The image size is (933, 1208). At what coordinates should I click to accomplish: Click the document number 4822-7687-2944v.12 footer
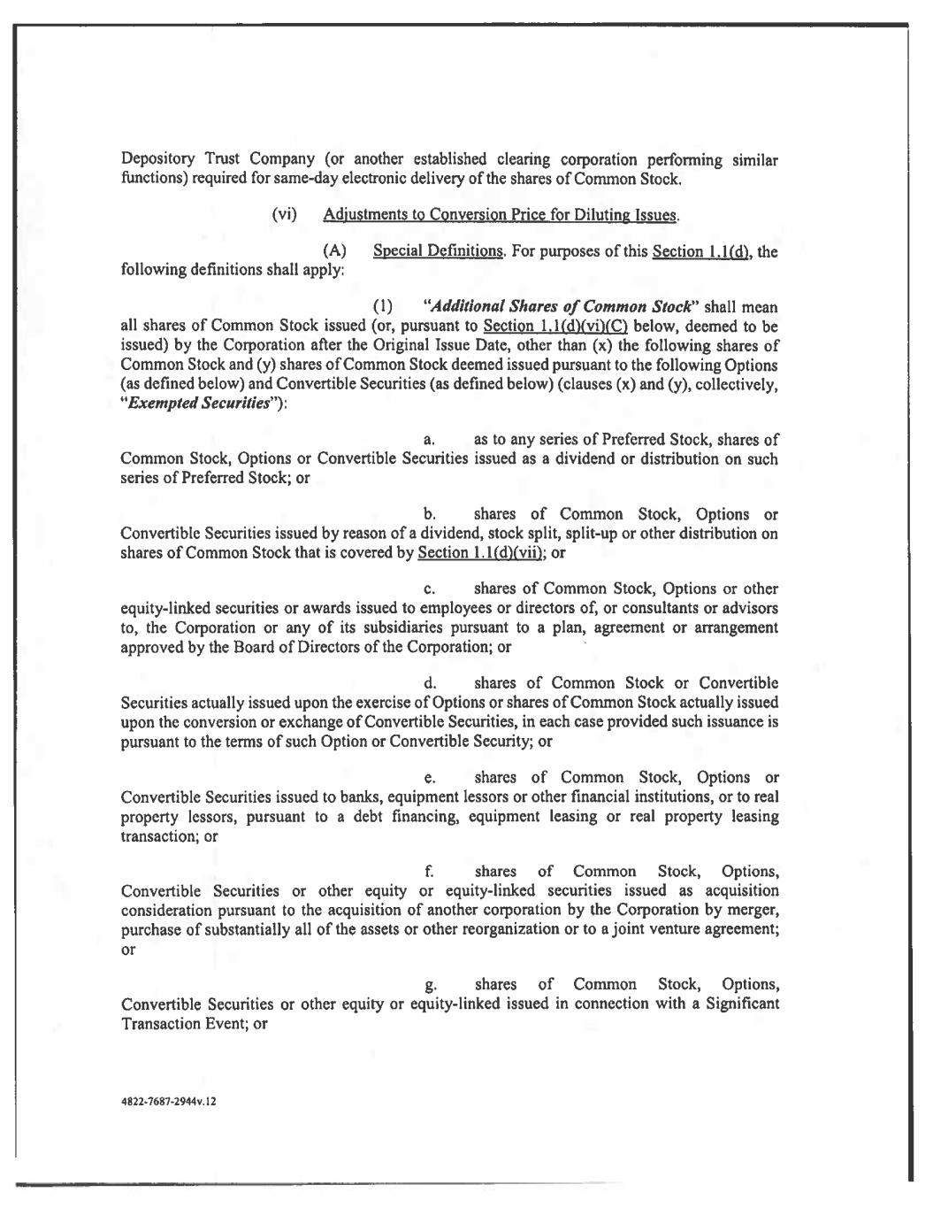[x=168, y=1103]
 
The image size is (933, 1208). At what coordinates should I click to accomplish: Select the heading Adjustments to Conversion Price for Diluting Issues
[x=501, y=214]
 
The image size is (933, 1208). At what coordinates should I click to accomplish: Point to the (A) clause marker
[x=335, y=251]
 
